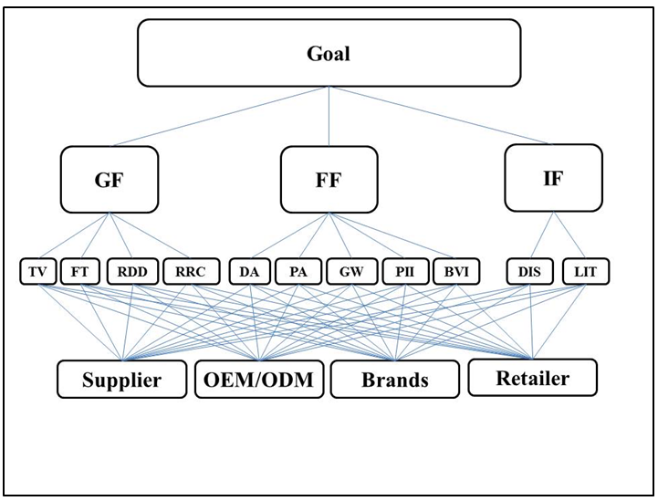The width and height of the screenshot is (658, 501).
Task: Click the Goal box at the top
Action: tap(329, 52)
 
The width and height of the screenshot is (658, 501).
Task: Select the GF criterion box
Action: tap(110, 180)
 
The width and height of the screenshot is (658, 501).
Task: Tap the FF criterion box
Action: tap(329, 180)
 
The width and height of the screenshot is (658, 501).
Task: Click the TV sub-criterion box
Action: tap(38, 271)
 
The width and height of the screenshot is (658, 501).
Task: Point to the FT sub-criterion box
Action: tap(79, 271)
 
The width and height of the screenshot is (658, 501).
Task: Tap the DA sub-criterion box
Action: tap(248, 271)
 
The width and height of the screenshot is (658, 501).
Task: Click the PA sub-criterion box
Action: tap(297, 271)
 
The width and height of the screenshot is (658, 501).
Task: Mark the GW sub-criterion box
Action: tap(350, 271)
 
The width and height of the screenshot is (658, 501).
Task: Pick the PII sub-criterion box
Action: tap(402, 271)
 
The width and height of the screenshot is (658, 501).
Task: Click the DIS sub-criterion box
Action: tap(531, 271)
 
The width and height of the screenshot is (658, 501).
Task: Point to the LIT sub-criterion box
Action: tap(585, 271)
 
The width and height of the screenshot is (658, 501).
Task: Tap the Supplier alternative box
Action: tap(122, 380)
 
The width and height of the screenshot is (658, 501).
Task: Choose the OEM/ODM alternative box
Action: tap(259, 380)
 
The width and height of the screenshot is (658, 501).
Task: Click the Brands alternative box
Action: tap(395, 380)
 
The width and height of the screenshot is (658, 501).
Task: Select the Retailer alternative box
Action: tap(532, 377)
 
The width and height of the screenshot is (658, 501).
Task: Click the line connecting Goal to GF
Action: tap(219, 116)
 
